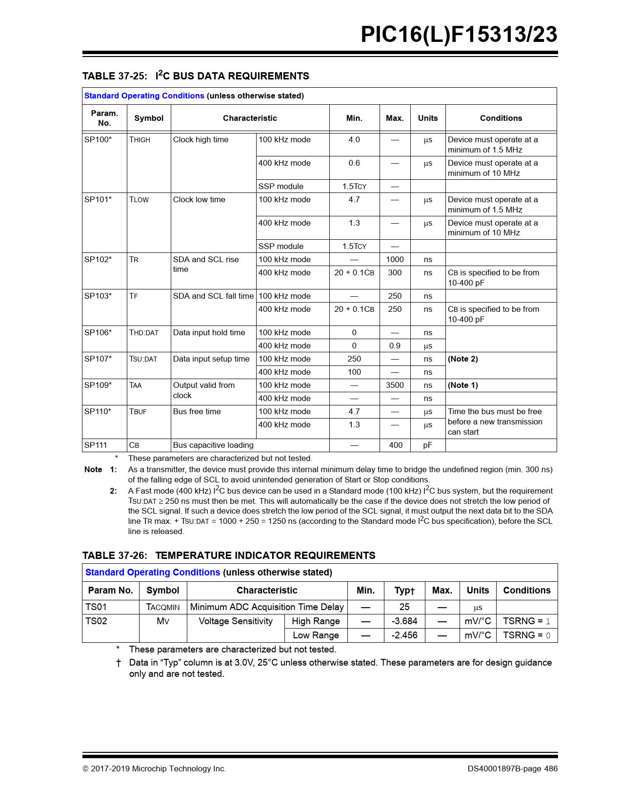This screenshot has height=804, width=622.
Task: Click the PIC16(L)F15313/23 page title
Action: point(459,35)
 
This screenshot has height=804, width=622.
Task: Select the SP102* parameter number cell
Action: point(98,260)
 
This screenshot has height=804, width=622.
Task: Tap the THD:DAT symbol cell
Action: point(144,333)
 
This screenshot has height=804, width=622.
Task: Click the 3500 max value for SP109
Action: point(395,385)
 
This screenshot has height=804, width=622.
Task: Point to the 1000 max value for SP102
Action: point(395,260)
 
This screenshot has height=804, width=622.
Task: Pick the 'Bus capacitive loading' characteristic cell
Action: point(213,445)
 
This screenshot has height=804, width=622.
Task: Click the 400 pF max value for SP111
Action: point(396,445)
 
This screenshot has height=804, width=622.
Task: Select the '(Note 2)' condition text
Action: point(463,359)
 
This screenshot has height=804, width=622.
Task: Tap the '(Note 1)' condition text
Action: point(463,385)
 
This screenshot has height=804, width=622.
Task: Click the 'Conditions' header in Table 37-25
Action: point(501,118)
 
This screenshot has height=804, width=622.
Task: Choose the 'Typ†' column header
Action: point(404,591)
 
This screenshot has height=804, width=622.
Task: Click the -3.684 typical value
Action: point(404,621)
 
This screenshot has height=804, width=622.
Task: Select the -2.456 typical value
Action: point(404,635)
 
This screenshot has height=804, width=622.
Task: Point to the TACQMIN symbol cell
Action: point(163,607)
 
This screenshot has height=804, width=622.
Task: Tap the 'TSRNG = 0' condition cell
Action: point(526,635)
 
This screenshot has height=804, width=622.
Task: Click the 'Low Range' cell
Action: point(316,635)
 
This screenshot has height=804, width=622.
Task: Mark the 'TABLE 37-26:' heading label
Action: point(115,556)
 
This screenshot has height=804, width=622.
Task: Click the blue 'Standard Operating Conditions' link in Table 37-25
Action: point(144,96)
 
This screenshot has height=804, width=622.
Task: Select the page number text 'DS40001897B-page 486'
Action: point(512,769)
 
